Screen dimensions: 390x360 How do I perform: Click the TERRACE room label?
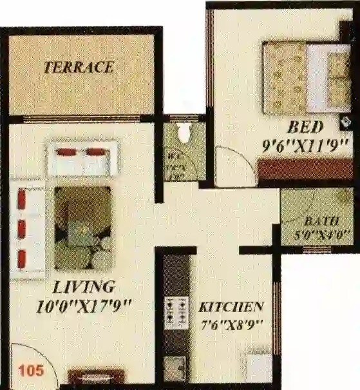(x=79, y=66)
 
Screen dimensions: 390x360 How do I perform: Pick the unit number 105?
(x=30, y=371)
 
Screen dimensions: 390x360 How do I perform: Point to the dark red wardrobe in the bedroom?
(x=306, y=171)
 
